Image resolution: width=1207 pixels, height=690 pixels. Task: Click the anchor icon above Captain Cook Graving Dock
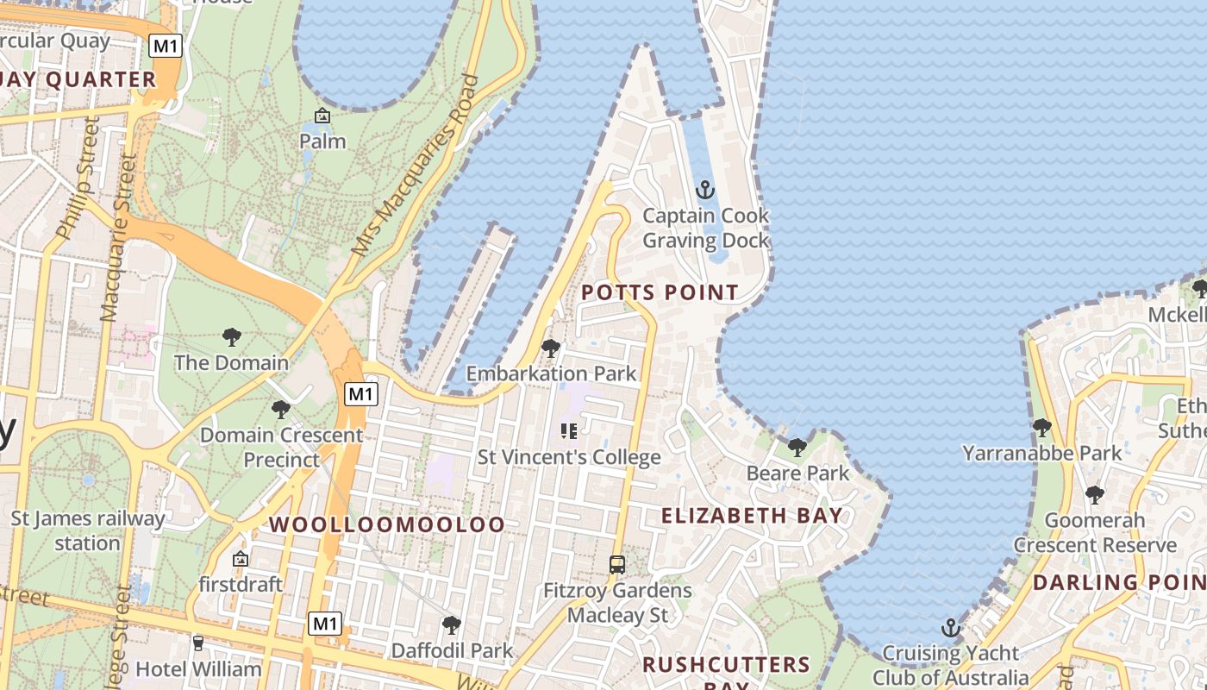(705, 189)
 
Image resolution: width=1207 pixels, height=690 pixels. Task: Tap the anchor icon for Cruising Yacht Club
(950, 627)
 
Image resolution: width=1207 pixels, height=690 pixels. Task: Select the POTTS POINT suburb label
(660, 292)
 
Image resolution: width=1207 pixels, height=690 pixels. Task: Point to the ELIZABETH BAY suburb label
(752, 516)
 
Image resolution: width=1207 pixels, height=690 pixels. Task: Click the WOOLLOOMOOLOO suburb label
(387, 524)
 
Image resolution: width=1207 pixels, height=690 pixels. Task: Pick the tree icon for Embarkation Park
(550, 348)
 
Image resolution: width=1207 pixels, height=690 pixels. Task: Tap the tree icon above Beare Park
(797, 447)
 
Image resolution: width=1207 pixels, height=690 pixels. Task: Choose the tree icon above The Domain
(231, 336)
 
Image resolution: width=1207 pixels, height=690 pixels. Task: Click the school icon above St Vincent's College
(568, 430)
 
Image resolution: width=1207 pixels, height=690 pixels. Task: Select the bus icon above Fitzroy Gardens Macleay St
(617, 565)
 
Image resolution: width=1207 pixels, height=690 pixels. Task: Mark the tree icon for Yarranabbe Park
(1041, 426)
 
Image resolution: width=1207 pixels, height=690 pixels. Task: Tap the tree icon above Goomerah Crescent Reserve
(1094, 494)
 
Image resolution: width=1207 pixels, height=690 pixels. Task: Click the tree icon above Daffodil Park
(451, 624)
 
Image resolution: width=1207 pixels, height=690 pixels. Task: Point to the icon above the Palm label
(322, 116)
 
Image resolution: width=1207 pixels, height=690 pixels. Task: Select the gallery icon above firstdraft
(240, 559)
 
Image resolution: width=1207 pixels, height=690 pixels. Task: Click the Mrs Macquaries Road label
(416, 164)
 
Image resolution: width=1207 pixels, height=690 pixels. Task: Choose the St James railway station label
(87, 530)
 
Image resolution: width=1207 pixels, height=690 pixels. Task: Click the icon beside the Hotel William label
(198, 643)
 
